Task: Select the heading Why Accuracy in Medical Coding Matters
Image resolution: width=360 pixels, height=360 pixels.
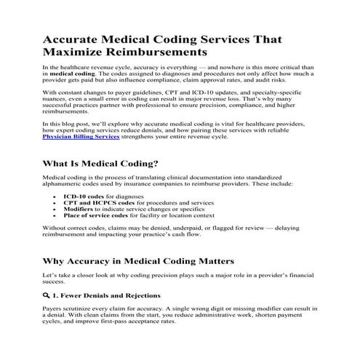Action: (138, 260)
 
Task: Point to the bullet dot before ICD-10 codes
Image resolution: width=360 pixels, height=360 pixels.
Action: (56, 197)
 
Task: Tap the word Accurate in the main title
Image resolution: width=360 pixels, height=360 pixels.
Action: (76, 39)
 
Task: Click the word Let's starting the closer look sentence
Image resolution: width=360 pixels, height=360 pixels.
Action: (52, 279)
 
